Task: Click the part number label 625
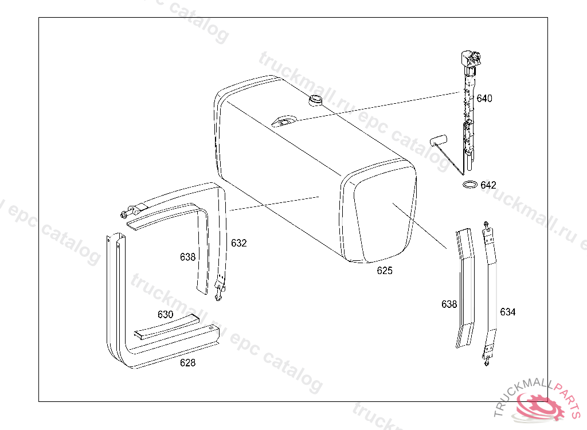click(385, 271)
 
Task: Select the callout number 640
click(484, 99)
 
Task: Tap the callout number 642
click(488, 185)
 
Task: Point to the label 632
click(239, 243)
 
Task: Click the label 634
click(508, 312)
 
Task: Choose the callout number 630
click(165, 314)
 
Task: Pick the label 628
click(187, 362)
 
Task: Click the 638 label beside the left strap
click(187, 257)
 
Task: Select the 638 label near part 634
click(449, 304)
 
